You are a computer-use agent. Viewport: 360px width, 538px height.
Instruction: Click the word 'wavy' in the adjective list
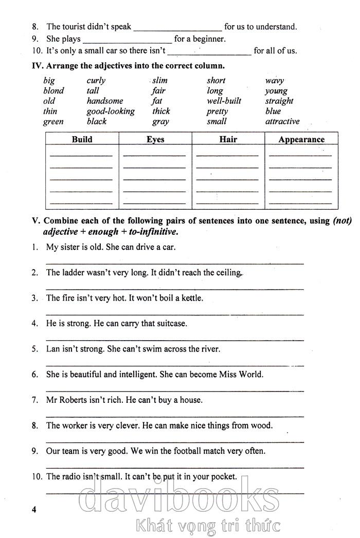click(274, 81)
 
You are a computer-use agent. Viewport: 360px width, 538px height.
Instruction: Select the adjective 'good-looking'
click(111, 111)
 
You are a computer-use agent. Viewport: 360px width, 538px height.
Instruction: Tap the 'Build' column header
click(82, 139)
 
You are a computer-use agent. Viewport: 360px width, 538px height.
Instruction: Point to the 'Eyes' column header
click(155, 139)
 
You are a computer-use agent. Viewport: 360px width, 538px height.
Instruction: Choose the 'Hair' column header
click(228, 139)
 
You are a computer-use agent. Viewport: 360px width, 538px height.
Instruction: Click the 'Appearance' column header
click(301, 139)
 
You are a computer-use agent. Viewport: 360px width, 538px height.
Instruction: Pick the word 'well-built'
click(224, 101)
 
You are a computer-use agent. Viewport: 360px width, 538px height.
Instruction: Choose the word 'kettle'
click(192, 298)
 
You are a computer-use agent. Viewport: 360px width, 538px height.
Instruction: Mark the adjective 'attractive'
click(282, 121)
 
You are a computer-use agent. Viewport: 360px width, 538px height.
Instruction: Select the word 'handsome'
click(105, 101)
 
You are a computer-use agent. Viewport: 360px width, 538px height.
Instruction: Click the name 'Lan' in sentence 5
click(52, 349)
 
